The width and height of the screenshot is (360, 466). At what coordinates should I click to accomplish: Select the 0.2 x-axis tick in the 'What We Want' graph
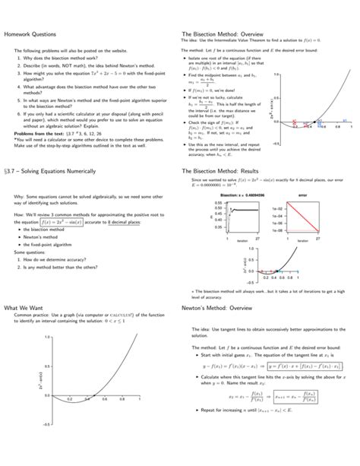click(x=69, y=399)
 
